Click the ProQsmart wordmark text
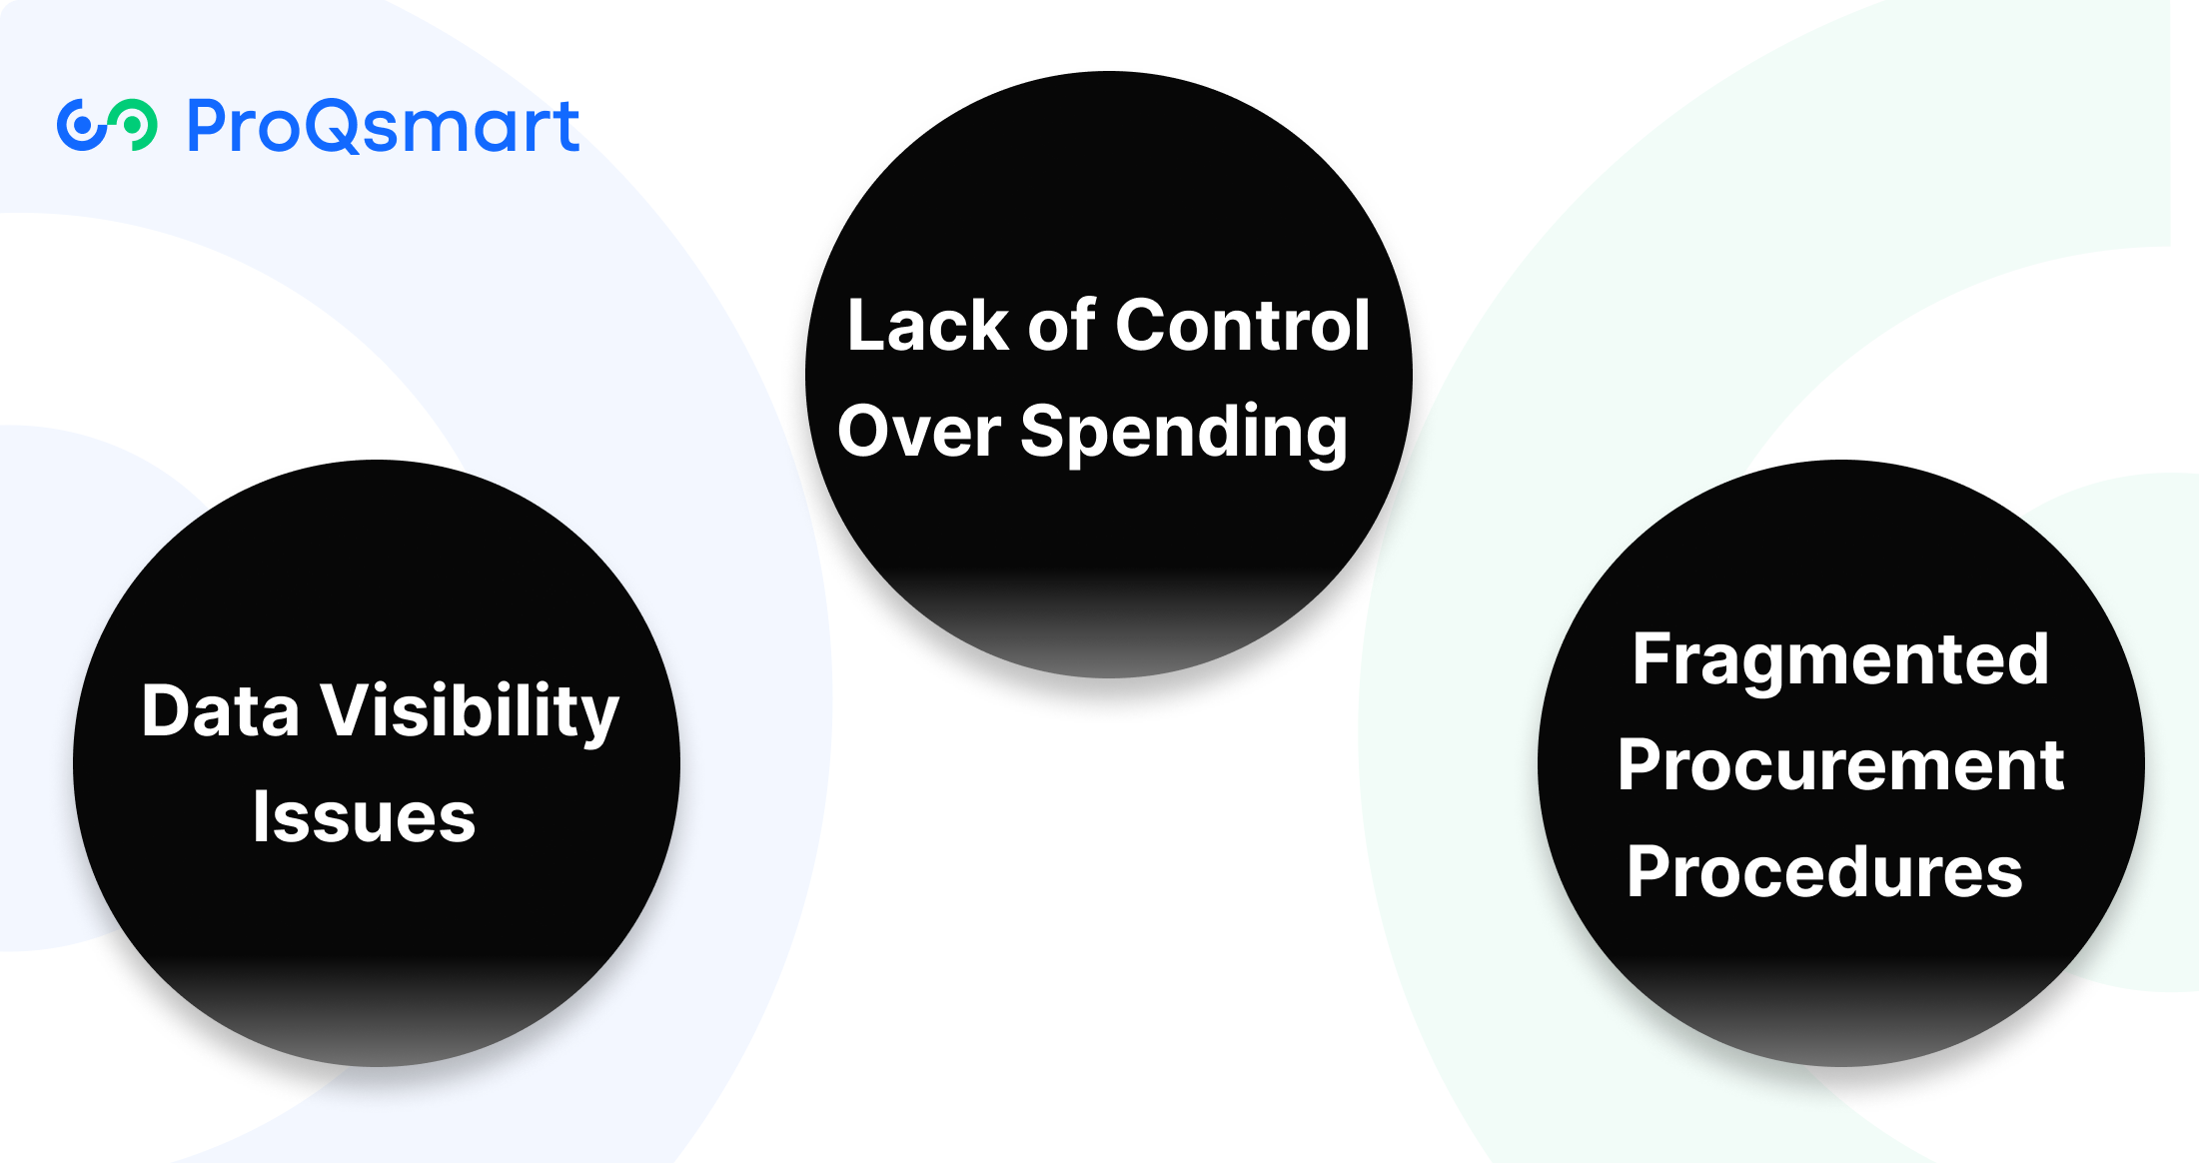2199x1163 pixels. [x=383, y=127]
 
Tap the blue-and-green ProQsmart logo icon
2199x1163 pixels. [x=107, y=126]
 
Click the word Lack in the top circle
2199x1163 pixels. [x=927, y=326]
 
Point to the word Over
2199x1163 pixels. [x=918, y=432]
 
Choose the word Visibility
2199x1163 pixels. [x=470, y=713]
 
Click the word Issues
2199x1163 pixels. [x=364, y=817]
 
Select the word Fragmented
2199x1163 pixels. [x=1840, y=661]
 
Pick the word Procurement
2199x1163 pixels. [x=1840, y=766]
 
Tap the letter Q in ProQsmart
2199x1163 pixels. [x=330, y=128]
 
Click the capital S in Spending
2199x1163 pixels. [x=1041, y=432]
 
